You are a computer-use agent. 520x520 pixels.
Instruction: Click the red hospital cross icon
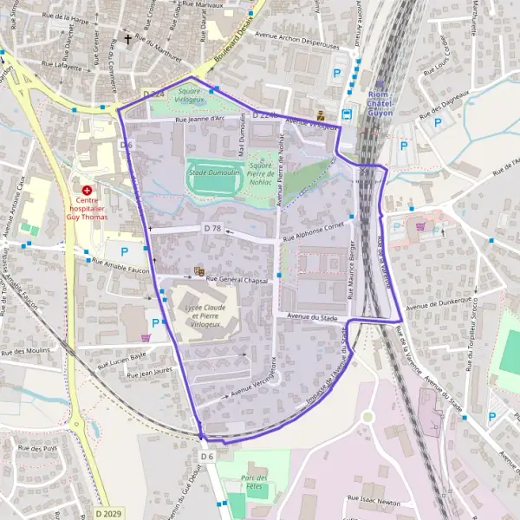87,190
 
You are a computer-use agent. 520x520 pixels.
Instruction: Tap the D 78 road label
212,228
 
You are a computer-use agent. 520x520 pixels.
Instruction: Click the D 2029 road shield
109,513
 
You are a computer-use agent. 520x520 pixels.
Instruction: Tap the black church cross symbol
129,39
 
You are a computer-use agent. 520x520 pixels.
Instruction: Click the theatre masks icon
198,272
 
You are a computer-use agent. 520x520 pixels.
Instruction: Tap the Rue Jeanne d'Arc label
199,120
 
